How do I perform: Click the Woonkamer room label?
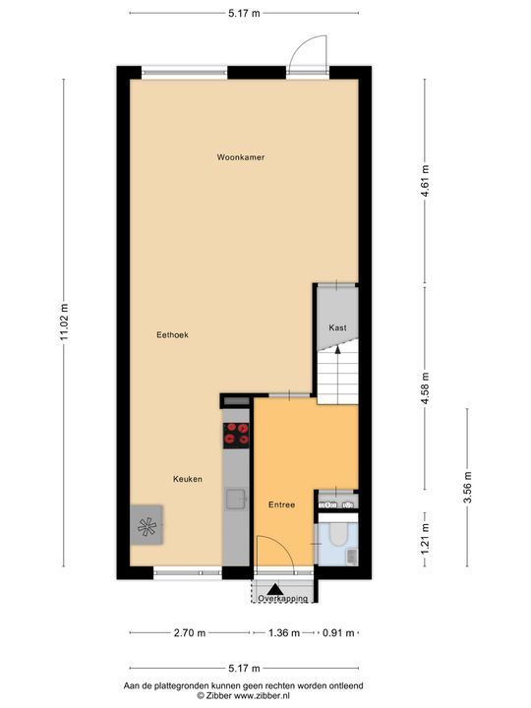pyautogui.click(x=241, y=157)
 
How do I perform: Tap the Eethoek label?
pyautogui.click(x=172, y=334)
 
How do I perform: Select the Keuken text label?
pyautogui.click(x=188, y=479)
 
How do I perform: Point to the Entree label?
pyautogui.click(x=282, y=504)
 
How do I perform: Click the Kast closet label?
pyautogui.click(x=337, y=327)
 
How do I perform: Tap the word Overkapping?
pyautogui.click(x=282, y=599)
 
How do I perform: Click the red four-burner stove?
pyautogui.click(x=236, y=436)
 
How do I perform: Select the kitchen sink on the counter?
pyautogui.click(x=236, y=499)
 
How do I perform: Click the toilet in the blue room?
pyautogui.click(x=338, y=533)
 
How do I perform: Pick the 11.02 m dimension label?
pyautogui.click(x=64, y=323)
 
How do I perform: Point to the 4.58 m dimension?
pyautogui.click(x=425, y=389)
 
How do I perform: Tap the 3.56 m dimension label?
pyautogui.click(x=467, y=487)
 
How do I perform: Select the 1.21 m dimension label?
pyautogui.click(x=425, y=540)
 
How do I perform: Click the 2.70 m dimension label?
pyautogui.click(x=190, y=633)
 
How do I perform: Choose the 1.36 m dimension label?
pyautogui.click(x=284, y=633)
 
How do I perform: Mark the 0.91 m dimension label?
pyautogui.click(x=338, y=633)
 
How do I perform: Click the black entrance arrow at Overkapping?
pyautogui.click(x=275, y=589)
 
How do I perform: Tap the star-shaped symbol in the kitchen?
pyautogui.click(x=147, y=526)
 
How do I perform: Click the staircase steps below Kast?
pyautogui.click(x=337, y=375)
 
